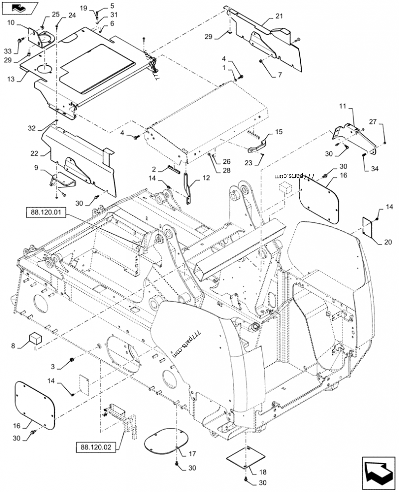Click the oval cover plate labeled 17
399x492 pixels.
point(167,440)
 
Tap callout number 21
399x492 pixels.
point(279,17)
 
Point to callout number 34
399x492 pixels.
point(375,169)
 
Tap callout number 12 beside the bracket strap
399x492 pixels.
point(205,178)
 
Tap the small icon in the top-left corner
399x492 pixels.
point(19,7)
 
